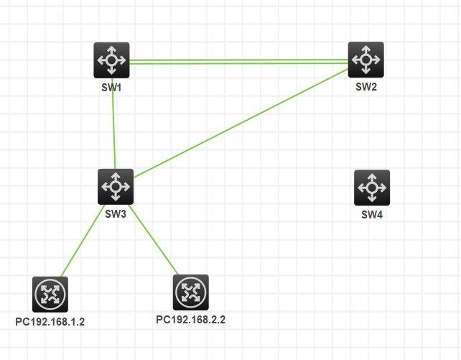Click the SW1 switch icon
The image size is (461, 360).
coord(111,60)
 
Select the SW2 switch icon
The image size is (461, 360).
coord(366,59)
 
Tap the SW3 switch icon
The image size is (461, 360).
coord(116,187)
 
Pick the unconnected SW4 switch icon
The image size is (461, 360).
coord(372,188)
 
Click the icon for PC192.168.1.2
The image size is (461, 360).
coord(50,294)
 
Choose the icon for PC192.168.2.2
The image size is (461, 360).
coord(191,292)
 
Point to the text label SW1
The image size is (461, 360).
coord(111,88)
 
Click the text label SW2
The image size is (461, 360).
coord(366,87)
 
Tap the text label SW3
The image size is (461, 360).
coord(116,214)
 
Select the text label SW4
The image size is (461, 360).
coord(372,215)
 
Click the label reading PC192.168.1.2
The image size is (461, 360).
coord(50,321)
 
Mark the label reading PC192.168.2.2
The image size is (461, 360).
coord(191,319)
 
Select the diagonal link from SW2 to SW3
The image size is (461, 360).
coord(241,122)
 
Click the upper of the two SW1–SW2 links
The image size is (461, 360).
coord(237,60)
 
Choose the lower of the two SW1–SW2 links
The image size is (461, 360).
coord(237,64)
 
